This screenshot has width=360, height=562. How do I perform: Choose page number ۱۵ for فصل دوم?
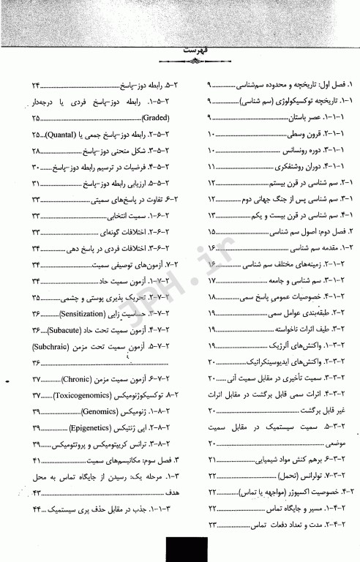point(213,232)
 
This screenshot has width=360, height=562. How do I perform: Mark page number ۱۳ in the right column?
point(213,216)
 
